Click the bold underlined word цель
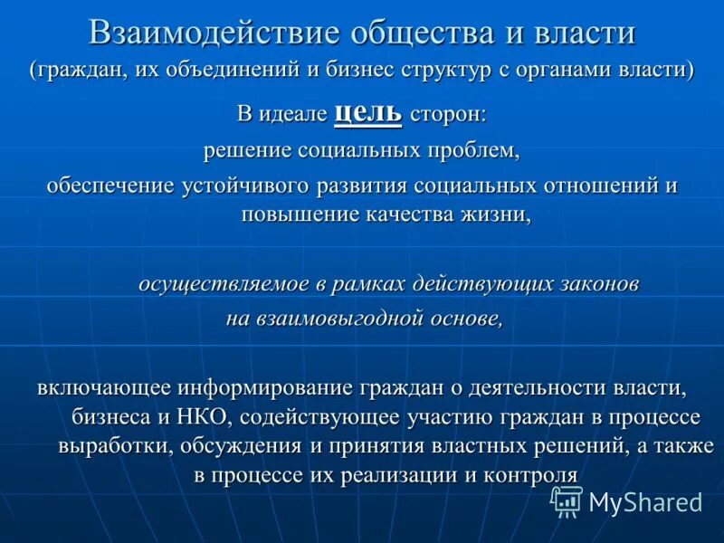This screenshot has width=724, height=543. click(x=367, y=112)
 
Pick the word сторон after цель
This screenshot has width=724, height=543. click(x=447, y=115)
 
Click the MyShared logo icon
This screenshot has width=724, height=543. click(x=567, y=500)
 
